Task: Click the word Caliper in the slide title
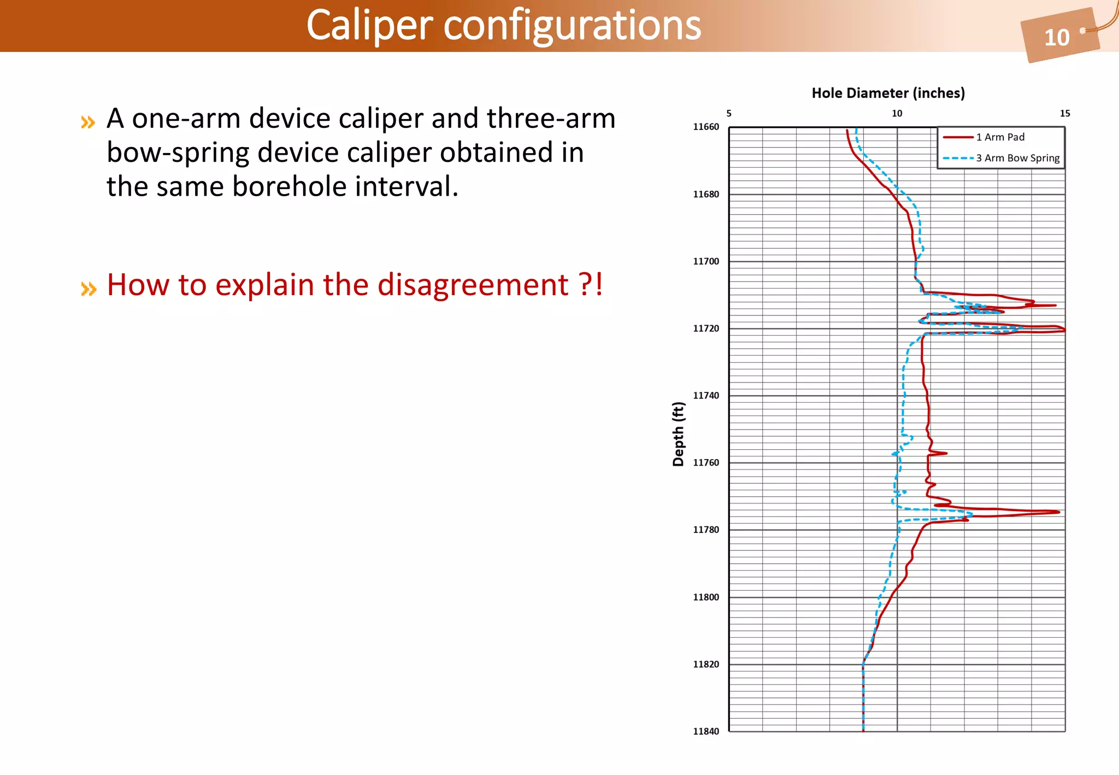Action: (x=370, y=25)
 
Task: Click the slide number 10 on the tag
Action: (x=1056, y=38)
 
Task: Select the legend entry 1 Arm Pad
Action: (x=1000, y=137)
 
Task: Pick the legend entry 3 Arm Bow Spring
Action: (x=1017, y=158)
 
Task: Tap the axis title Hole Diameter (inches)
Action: (x=888, y=93)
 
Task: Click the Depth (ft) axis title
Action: (x=678, y=434)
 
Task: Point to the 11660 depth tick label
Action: (x=706, y=127)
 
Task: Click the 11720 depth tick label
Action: (x=706, y=328)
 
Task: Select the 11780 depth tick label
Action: (x=706, y=530)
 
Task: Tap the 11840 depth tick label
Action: (x=706, y=731)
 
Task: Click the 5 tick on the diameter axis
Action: (x=729, y=114)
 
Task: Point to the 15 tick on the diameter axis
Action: (x=1064, y=114)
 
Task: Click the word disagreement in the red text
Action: (x=473, y=285)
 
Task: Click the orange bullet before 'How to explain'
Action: (x=88, y=288)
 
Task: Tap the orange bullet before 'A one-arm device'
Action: (x=88, y=122)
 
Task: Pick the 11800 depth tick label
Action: (x=706, y=597)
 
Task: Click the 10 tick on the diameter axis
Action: (x=897, y=114)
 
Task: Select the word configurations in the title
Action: (x=572, y=25)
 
